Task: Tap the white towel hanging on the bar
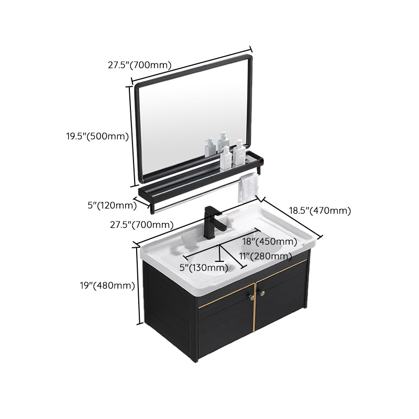pyautogui.click(x=248, y=188)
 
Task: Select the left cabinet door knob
pyautogui.click(x=249, y=296)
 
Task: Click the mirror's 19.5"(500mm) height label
pyautogui.click(x=97, y=136)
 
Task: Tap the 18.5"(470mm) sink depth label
pyautogui.click(x=319, y=211)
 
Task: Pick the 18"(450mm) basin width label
pyautogui.click(x=269, y=241)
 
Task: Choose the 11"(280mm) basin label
pyautogui.click(x=265, y=256)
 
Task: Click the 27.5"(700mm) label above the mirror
pyautogui.click(x=140, y=65)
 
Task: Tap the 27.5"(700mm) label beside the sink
pyautogui.click(x=141, y=225)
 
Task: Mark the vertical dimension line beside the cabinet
pyautogui.click(x=139, y=285)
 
